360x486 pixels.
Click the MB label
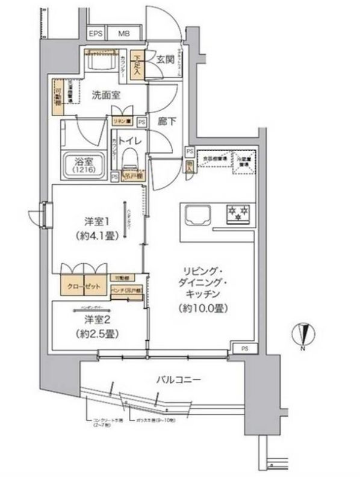pos(122,34)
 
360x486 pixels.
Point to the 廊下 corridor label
pos(167,120)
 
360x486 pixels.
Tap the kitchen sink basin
pos(198,215)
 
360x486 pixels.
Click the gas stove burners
pos(237,213)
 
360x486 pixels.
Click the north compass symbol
pos(304,337)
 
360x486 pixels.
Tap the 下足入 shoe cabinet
pos(138,65)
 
